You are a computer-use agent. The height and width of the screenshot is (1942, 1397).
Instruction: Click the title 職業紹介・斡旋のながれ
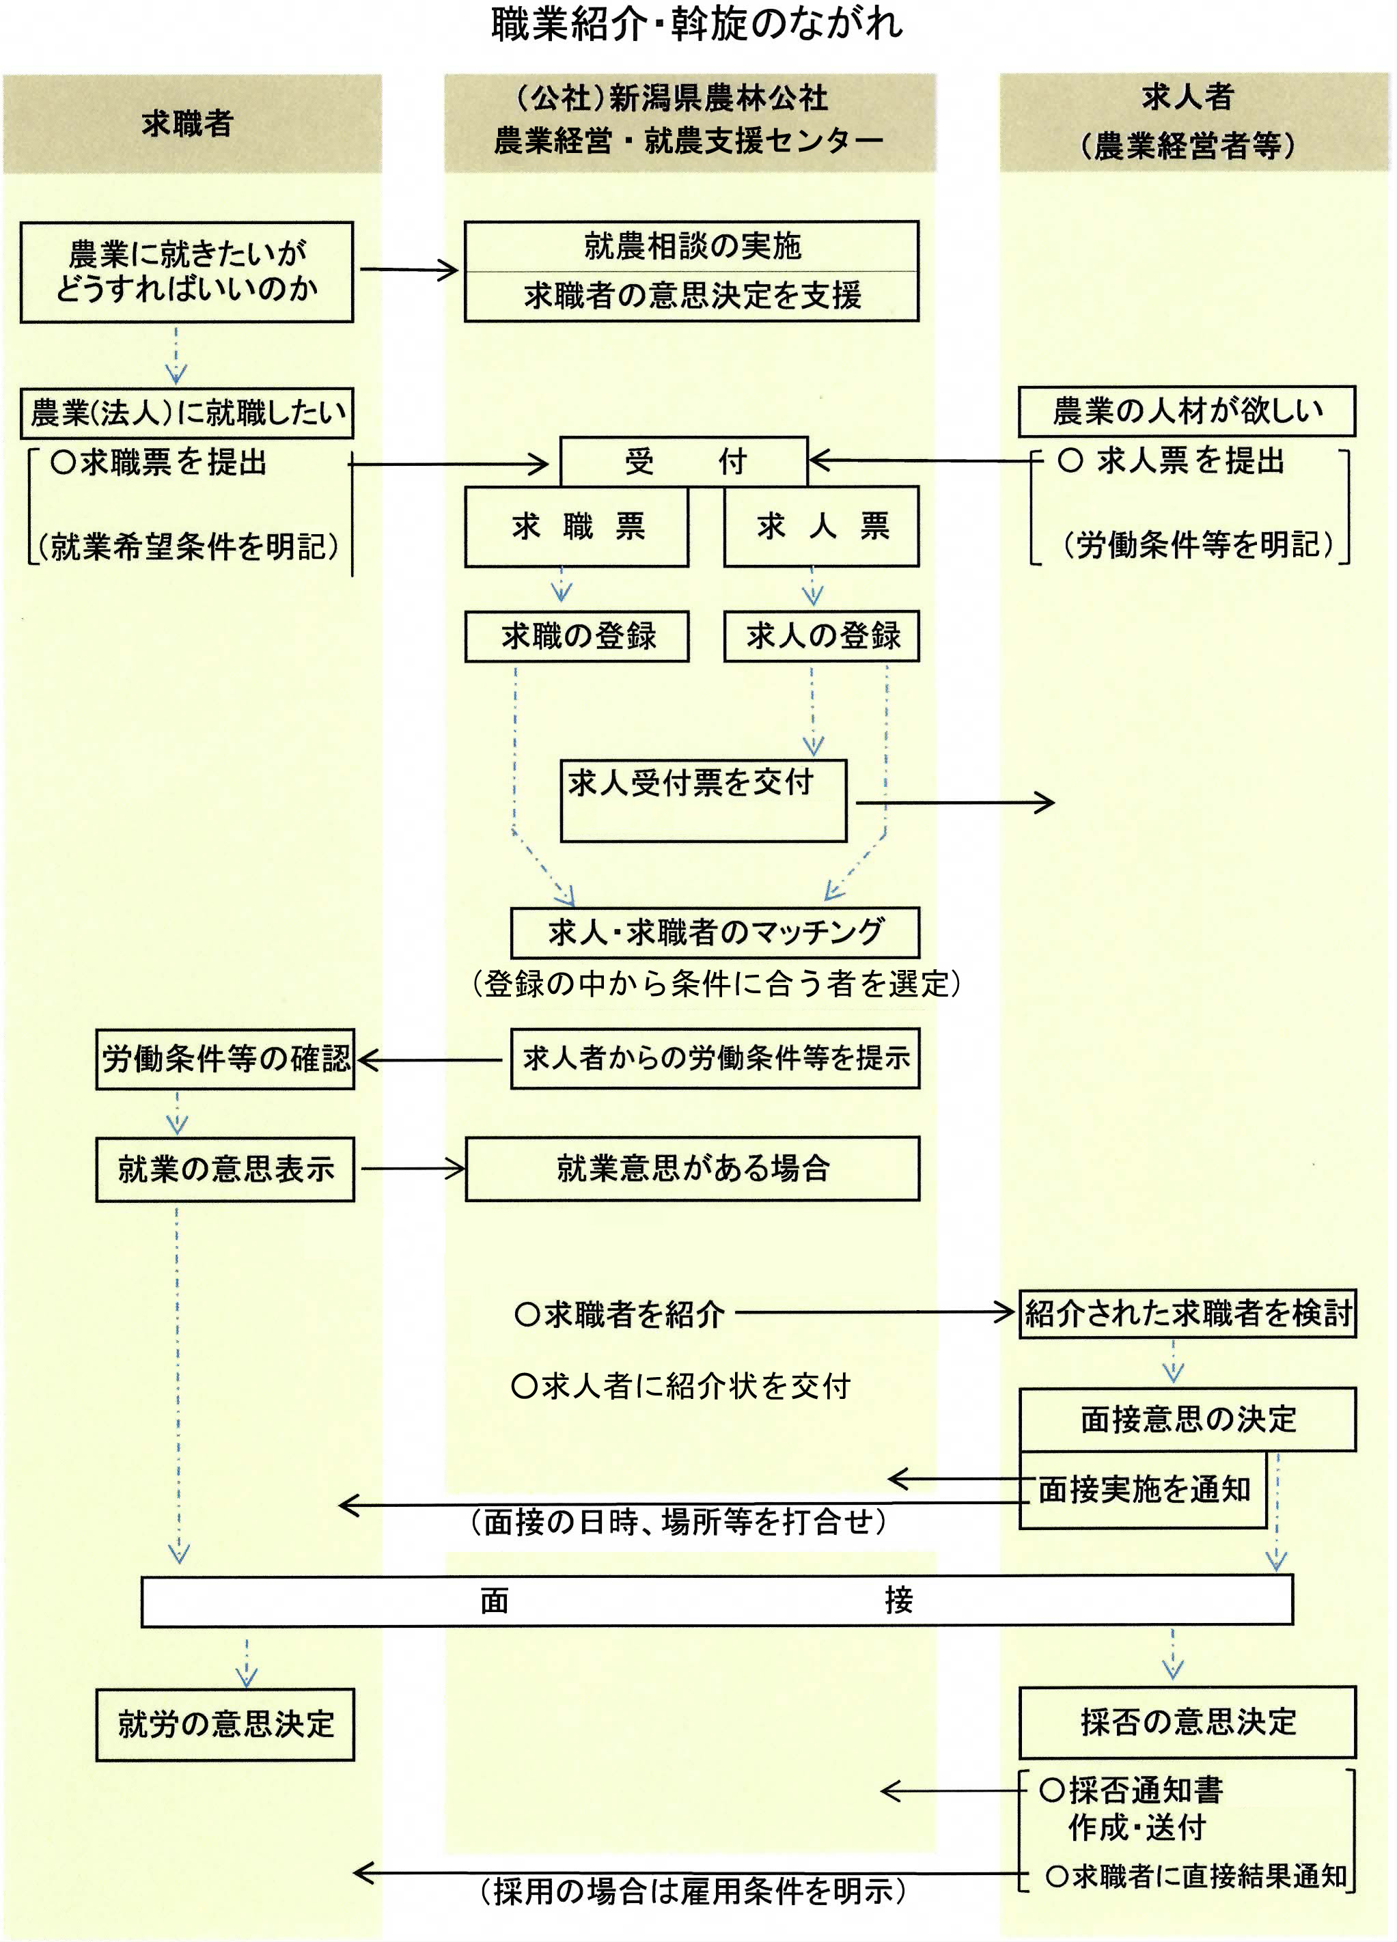tap(697, 23)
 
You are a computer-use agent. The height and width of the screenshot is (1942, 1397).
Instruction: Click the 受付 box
tap(684, 462)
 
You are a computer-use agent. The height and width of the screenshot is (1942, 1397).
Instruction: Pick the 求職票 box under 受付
tap(577, 527)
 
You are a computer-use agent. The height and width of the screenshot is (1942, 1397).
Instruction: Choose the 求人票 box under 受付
tap(821, 527)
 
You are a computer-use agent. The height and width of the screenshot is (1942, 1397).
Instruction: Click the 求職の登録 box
tap(577, 636)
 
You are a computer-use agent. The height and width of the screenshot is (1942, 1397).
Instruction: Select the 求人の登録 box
tap(821, 636)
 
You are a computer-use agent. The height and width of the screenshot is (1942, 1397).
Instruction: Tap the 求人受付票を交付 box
tap(703, 801)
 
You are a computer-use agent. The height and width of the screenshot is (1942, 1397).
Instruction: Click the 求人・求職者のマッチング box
tap(715, 932)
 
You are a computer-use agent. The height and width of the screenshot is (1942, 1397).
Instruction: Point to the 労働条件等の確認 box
tap(225, 1059)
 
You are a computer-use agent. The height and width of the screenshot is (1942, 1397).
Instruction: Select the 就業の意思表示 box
tap(225, 1169)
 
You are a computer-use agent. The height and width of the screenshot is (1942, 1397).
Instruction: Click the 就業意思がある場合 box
tap(692, 1169)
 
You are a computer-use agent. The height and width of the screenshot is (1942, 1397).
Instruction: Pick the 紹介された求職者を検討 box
tap(1187, 1314)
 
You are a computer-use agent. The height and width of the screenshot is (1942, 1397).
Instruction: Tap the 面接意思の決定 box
tap(1187, 1419)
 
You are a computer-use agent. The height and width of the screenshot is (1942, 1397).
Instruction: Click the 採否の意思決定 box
tap(1187, 1722)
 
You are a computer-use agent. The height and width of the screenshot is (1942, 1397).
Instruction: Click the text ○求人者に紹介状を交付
tap(681, 1386)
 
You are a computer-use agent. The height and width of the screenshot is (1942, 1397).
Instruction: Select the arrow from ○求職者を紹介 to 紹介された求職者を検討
tap(875, 1313)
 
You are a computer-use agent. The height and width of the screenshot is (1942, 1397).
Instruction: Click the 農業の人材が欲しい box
tap(1187, 412)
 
